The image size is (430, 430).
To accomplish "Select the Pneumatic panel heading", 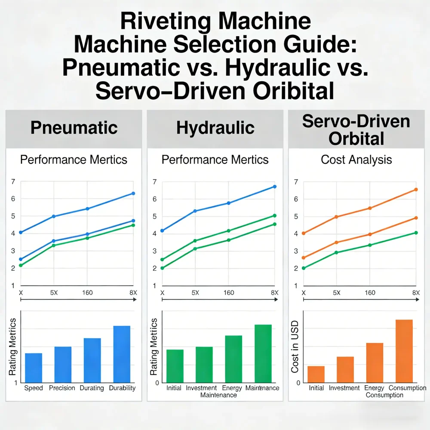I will tap(74, 128).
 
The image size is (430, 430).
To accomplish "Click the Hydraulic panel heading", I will tap(215, 128).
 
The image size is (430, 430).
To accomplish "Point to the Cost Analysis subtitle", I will tap(356, 160).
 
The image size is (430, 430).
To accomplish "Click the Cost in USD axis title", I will tap(295, 349).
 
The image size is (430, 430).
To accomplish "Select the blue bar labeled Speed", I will tap(34, 368).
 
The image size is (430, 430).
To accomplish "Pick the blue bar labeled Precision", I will tap(63, 364).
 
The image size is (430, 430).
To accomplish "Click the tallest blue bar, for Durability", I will tap(122, 354).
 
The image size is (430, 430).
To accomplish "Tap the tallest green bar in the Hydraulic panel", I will tap(263, 353).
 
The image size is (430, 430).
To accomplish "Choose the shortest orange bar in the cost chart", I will tap(316, 374).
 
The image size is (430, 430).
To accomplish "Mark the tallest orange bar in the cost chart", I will tap(404, 351).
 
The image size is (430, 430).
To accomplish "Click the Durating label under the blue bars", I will tap(92, 388).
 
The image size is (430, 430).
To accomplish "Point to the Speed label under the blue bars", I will tap(34, 388).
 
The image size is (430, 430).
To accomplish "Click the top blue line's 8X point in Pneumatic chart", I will tap(133, 193).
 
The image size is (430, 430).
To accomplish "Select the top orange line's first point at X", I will tap(304, 233).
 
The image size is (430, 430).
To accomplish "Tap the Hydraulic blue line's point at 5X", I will tap(195, 211).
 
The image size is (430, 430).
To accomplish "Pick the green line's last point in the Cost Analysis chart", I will tap(416, 233).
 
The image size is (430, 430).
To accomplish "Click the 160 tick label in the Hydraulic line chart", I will tap(229, 293).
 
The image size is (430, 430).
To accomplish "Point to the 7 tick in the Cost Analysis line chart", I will tap(295, 182).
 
